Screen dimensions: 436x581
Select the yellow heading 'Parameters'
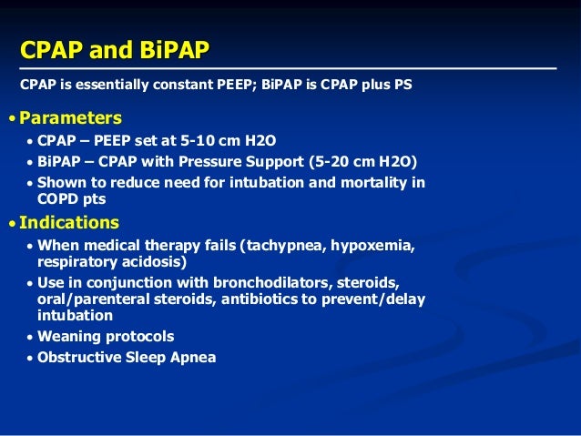point(70,118)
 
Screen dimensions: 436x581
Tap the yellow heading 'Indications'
point(68,222)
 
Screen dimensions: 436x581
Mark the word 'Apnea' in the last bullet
point(194,358)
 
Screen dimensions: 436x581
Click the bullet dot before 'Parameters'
point(11,119)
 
